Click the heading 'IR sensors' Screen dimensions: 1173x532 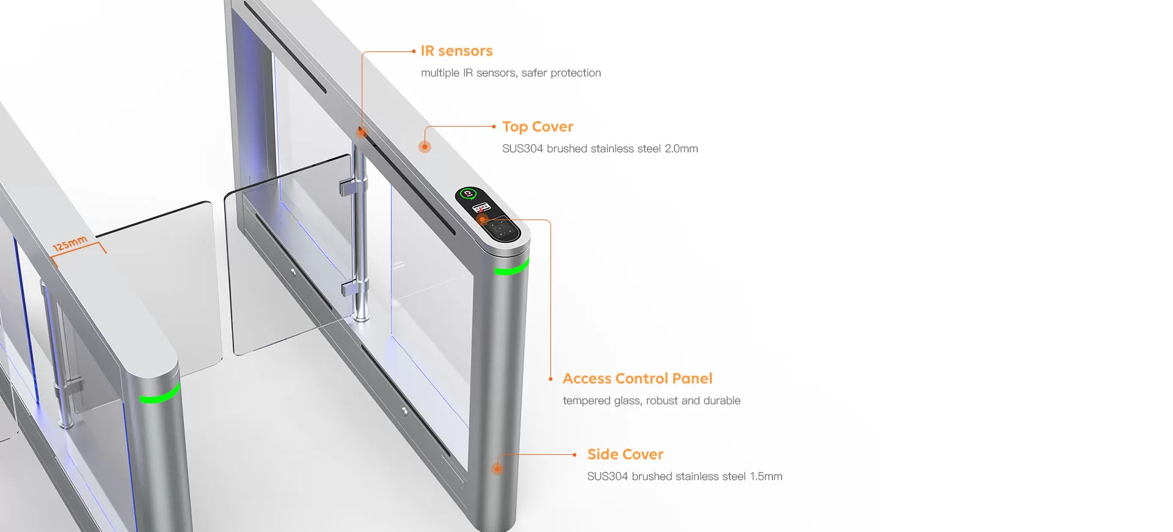[x=456, y=51]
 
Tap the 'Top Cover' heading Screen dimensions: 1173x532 [x=538, y=127]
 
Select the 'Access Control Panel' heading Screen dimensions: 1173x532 [x=637, y=379]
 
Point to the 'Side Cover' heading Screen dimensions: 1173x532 [x=625, y=454]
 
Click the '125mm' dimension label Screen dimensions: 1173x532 [x=70, y=243]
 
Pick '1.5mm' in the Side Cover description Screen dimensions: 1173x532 [x=766, y=476]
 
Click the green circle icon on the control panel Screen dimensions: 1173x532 [x=469, y=194]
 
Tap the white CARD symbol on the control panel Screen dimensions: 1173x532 [x=481, y=208]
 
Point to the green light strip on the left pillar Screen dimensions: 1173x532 [x=160, y=394]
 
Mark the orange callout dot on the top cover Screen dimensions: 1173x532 [x=425, y=147]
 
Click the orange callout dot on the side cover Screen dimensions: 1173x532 [x=497, y=469]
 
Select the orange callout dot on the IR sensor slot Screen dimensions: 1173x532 [x=362, y=132]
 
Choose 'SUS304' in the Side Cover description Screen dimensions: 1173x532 [x=607, y=476]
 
